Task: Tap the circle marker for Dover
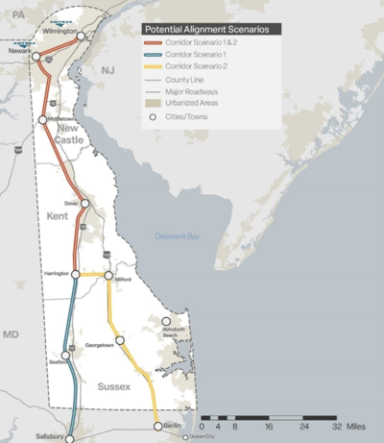pos(84,204)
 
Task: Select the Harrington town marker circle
pos(76,274)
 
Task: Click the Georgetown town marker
pos(119,339)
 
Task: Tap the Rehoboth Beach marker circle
pos(166,322)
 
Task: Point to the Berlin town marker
pos(156,424)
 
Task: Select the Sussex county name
pos(112,386)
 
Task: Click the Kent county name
pos(58,217)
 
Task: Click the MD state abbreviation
pos(11,334)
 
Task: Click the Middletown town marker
pos(43,119)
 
